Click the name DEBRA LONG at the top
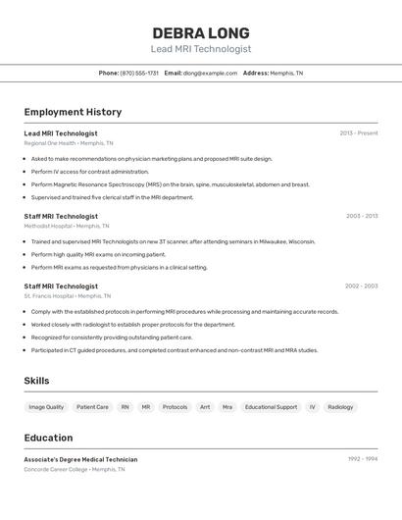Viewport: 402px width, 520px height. (201, 32)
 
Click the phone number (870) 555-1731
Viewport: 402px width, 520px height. (139, 73)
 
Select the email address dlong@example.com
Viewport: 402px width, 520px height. (210, 73)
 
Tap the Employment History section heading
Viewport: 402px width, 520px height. (73, 112)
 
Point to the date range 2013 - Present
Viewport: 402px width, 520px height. (358, 133)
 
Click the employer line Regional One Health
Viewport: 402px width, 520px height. (69, 143)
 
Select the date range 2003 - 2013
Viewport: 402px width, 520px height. (361, 216)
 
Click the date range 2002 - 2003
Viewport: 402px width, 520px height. (361, 286)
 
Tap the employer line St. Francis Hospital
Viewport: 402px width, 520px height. (67, 295)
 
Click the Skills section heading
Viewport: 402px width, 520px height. (36, 381)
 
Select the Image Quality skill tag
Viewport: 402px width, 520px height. (46, 406)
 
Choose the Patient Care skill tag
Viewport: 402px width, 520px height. (92, 406)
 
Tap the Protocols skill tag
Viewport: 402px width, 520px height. (175, 406)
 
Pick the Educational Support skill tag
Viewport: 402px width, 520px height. (271, 406)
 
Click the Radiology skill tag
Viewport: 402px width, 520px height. (340, 406)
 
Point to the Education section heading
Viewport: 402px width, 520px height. (48, 438)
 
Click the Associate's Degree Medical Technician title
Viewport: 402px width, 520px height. (80, 459)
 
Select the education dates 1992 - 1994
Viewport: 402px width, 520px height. (362, 459)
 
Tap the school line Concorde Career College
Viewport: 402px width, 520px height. (75, 469)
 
